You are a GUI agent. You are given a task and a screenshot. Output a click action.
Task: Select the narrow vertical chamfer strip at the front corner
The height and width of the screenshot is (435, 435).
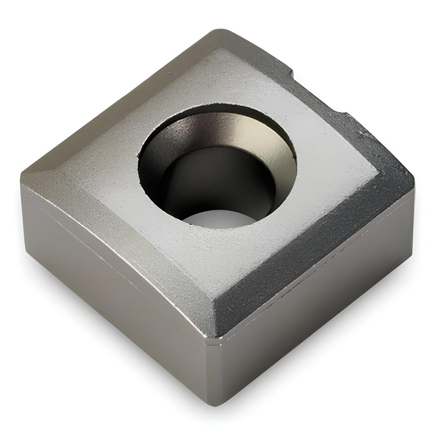click(x=213, y=370)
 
